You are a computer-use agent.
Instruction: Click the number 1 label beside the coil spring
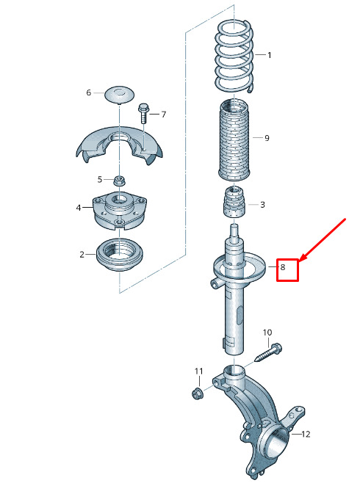pos(270,55)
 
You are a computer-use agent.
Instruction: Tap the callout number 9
pos(267,138)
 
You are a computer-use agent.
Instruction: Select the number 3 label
pos(262,205)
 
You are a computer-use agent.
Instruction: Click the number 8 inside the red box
pos(283,267)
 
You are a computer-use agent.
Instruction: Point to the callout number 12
pos(306,434)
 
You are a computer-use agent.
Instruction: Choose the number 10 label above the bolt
pos(267,333)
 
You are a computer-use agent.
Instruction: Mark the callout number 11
pos(199,371)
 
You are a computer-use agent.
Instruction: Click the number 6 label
pos(89,92)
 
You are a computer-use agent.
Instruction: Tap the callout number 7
pos(163,115)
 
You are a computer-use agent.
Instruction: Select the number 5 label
pos(100,179)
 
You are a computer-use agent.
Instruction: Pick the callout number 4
pos(79,208)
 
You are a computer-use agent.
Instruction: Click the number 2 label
pos(82,255)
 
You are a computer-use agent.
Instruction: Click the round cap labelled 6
pos(119,94)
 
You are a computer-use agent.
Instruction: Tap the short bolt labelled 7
pos(143,113)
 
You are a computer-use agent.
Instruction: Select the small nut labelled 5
pos(118,181)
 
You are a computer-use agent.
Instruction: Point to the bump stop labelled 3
pos(234,202)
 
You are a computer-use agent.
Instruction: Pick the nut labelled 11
pos(196,393)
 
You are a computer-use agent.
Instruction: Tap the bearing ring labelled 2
pos(120,255)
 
